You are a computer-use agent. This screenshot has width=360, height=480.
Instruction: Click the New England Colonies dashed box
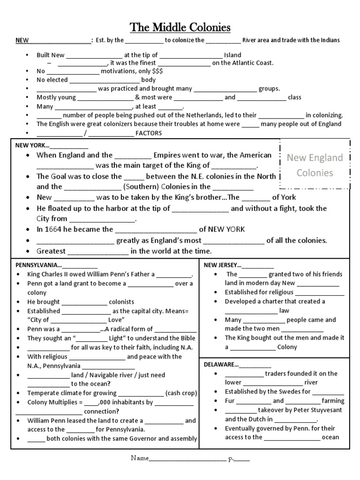(x=315, y=165)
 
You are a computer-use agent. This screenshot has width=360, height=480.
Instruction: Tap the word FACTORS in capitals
(x=149, y=133)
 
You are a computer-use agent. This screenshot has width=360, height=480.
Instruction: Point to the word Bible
(x=186, y=338)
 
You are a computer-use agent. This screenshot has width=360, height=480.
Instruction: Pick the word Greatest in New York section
(x=51, y=251)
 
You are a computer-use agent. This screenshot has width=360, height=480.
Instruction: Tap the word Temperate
(x=44, y=393)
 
